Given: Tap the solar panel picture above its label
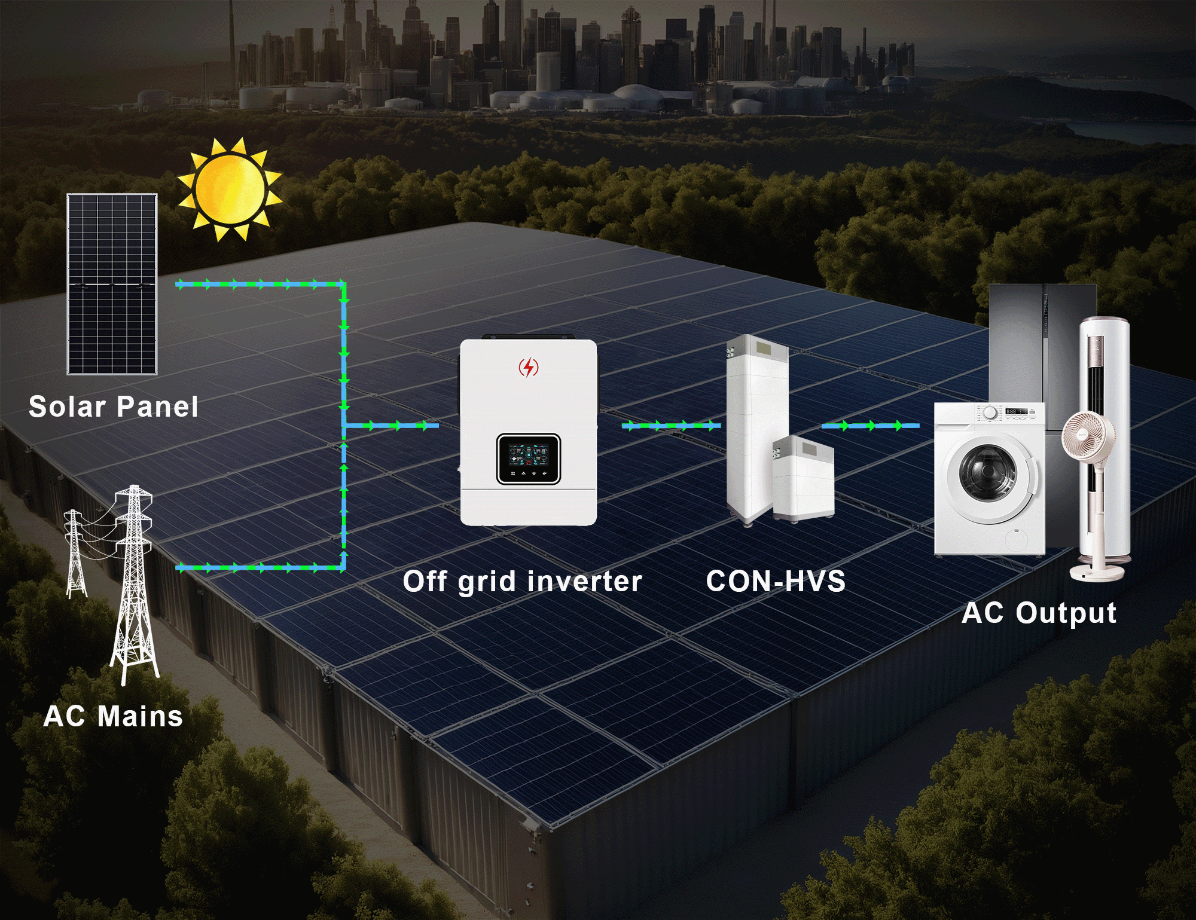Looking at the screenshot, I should click(112, 284).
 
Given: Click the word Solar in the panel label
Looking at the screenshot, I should click(67, 407).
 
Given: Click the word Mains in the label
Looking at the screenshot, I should click(140, 716).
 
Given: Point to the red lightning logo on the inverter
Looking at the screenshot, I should click(528, 367).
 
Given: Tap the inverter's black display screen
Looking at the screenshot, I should click(529, 458).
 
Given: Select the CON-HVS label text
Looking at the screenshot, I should click(776, 581).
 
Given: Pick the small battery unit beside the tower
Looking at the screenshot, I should click(803, 478).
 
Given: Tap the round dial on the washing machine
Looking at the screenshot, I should click(990, 412).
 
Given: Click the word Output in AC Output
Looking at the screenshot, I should click(1066, 613).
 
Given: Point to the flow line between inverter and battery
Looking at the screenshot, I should click(671, 426).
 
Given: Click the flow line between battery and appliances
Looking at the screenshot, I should click(870, 426).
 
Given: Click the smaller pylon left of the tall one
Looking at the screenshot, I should click(75, 553).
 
